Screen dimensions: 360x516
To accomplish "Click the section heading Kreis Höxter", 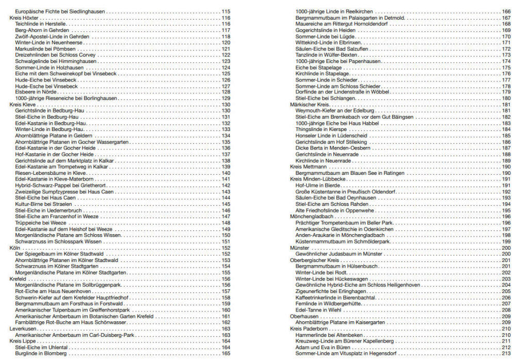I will click(x=24, y=18).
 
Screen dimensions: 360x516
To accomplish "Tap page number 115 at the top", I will click(x=226, y=11).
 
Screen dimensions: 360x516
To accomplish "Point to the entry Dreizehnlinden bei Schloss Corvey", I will click(x=55, y=55).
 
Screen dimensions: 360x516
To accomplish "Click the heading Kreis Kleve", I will click(x=23, y=104).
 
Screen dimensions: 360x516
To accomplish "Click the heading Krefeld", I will click(x=19, y=279).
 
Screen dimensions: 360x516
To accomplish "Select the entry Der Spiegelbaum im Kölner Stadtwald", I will click(x=60, y=254).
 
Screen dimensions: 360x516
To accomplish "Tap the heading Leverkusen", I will click(x=23, y=328).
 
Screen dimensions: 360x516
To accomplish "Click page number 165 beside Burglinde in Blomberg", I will click(x=226, y=353).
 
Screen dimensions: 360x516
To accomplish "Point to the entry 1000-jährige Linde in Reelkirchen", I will click(x=334, y=11).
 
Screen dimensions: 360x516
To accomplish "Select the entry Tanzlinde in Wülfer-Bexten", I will click(x=326, y=55).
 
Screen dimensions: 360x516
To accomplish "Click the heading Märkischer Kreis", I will click(x=310, y=104).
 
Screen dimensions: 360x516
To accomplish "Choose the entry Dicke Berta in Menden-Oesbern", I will click(x=333, y=148).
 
